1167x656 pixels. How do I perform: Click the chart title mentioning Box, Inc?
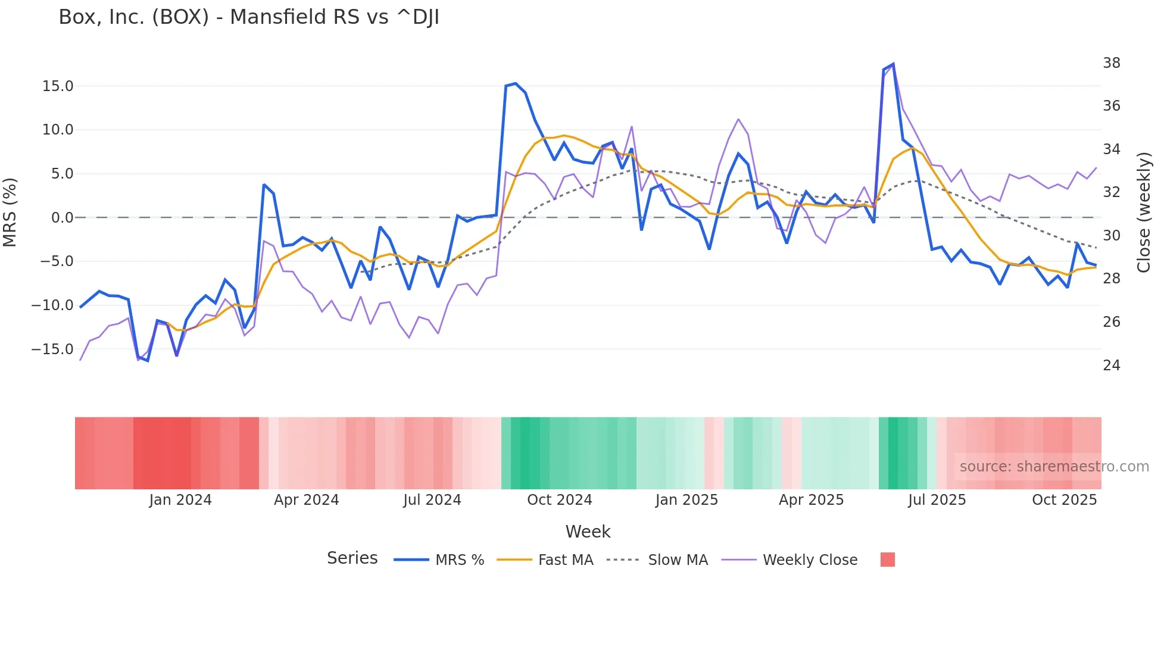(x=249, y=17)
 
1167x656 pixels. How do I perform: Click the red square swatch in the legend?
(x=887, y=560)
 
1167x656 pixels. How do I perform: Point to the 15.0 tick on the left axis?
(x=58, y=86)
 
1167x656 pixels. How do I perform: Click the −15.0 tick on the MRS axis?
(x=52, y=349)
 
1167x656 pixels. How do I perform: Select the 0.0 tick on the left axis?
(x=62, y=218)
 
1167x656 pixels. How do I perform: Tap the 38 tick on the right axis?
(x=1111, y=63)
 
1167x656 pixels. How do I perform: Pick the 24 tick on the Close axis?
(x=1111, y=366)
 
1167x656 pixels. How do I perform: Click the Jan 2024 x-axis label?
(x=180, y=500)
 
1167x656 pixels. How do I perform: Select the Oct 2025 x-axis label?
(x=1064, y=500)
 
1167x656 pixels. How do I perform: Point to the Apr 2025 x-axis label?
(x=811, y=500)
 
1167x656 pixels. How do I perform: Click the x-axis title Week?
(x=588, y=532)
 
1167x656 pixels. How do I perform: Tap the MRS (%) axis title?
(x=10, y=212)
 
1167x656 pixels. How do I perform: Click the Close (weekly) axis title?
(x=1144, y=213)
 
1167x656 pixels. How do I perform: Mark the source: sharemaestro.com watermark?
(x=1054, y=467)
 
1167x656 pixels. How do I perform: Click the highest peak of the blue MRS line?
(x=893, y=64)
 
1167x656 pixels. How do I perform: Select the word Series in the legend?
(x=352, y=558)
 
